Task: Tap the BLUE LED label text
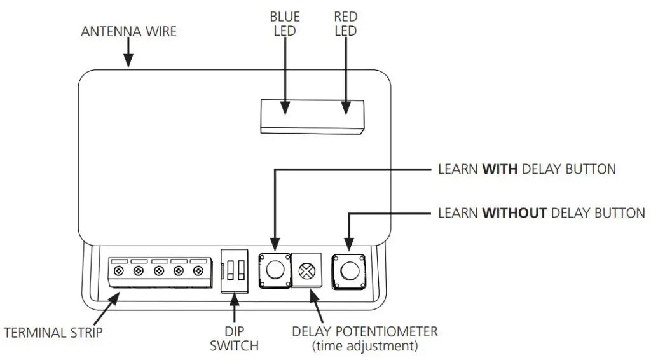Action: pos(285,24)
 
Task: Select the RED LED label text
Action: pos(346,24)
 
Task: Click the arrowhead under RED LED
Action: pos(346,110)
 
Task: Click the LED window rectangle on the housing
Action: pos(312,116)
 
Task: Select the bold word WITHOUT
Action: pos(514,212)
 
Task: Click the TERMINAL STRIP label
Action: pos(53,333)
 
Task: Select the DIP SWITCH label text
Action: pos(234,339)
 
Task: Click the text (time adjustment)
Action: pos(364,347)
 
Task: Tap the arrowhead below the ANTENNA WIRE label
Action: pos(129,62)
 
